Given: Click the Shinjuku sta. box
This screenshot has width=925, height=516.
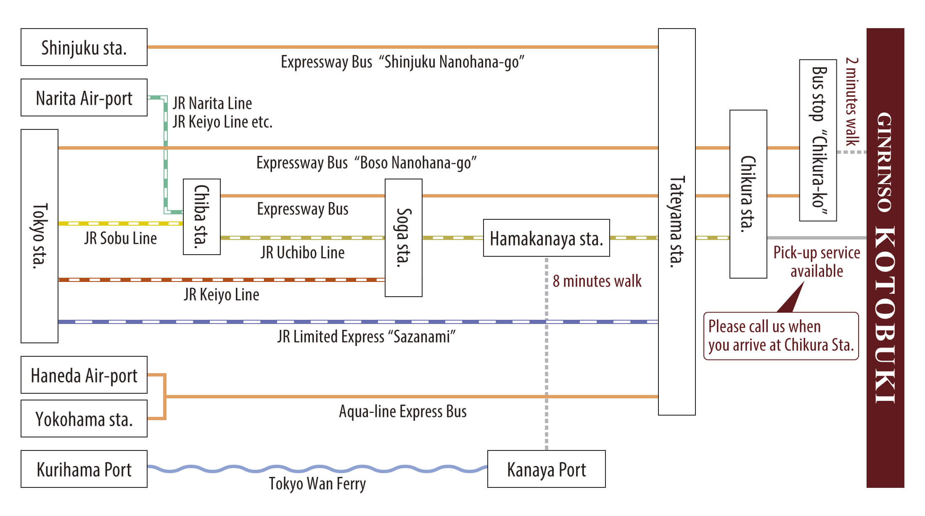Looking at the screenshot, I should pos(84,47).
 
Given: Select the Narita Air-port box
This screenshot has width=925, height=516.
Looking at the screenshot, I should pos(84,97).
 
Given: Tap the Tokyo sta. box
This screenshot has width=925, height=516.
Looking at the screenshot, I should pos(40,236).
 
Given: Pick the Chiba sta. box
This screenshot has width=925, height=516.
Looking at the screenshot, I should pos(202,217).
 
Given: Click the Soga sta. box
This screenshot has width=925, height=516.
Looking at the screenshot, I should pos(404,238).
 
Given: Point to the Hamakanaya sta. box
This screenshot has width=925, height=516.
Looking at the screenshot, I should pos(546,238).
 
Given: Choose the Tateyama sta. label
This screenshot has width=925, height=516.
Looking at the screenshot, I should pos(677,222).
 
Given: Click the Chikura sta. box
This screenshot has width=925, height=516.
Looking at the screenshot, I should pos(748,194).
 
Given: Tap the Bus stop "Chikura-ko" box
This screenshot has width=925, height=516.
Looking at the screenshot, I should pos(818,140).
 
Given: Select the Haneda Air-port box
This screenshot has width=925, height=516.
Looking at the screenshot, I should pos(84,375).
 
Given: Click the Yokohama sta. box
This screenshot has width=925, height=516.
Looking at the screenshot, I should pos(84,419).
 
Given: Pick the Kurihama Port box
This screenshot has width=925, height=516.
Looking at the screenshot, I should pos(84,469).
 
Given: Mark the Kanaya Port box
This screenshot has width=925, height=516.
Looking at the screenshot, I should pos(546,469).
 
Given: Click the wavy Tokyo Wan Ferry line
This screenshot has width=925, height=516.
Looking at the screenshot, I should pos(317,469).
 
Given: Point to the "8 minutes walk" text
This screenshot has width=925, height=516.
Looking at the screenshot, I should pos(597,281).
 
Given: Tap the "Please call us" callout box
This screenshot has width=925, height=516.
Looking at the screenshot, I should pos(781,336).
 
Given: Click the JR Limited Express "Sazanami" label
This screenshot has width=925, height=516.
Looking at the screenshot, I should pos(366,337).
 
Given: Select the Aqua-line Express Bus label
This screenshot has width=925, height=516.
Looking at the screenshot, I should pos(402,411).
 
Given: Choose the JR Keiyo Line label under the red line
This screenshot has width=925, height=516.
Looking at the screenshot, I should pos(221,295).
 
